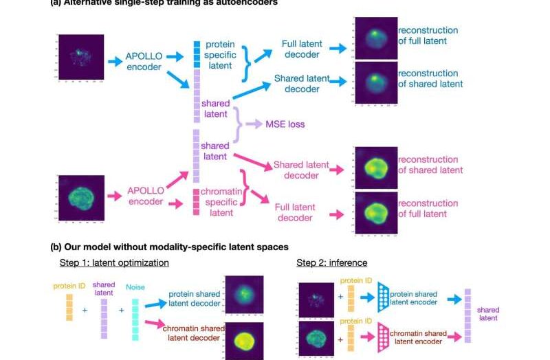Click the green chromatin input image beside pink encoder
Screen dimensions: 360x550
(80, 199)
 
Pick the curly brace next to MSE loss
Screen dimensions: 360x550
(240, 124)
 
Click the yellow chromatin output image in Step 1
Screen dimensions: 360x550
(243, 339)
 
